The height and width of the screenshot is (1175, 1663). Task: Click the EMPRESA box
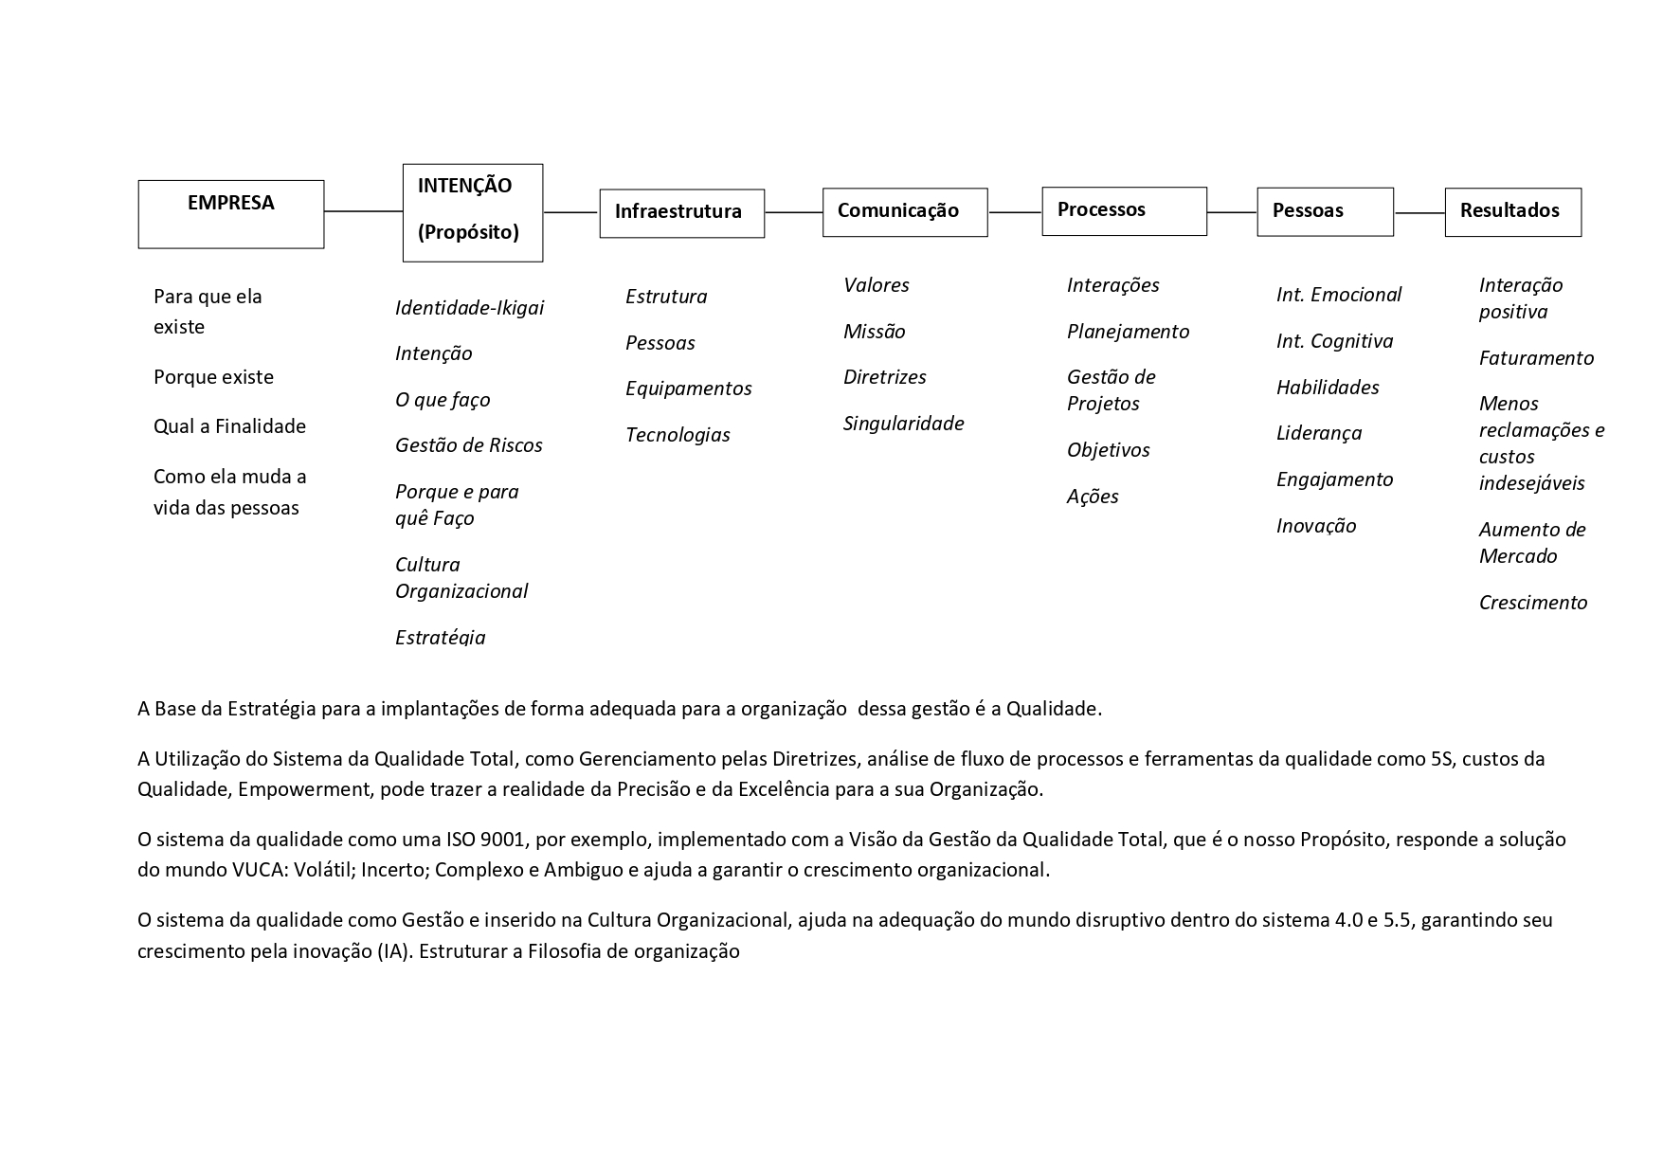click(x=231, y=214)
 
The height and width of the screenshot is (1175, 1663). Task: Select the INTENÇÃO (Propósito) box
click(x=473, y=212)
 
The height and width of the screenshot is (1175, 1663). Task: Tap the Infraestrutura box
click(x=681, y=213)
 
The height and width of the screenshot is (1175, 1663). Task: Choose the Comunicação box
click(x=904, y=212)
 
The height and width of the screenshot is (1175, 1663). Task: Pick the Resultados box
click(x=1512, y=212)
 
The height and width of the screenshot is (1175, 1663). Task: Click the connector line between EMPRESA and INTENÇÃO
click(x=363, y=211)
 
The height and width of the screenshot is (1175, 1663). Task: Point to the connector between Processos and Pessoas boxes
click(x=1232, y=212)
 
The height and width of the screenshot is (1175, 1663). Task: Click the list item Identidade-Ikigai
click(x=469, y=308)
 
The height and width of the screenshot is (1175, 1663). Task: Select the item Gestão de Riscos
click(x=468, y=445)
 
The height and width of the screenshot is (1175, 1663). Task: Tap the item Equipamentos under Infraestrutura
click(x=688, y=389)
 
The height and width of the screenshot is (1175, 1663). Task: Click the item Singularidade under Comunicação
click(x=903, y=424)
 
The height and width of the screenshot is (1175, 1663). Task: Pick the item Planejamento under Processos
click(x=1128, y=332)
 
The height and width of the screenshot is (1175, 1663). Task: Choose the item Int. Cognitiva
click(x=1334, y=341)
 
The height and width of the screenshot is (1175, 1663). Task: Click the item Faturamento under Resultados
click(x=1536, y=358)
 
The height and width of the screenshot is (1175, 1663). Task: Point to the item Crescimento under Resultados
click(x=1532, y=603)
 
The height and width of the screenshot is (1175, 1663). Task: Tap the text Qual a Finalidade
click(x=229, y=426)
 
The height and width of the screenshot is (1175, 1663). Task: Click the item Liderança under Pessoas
click(x=1318, y=433)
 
